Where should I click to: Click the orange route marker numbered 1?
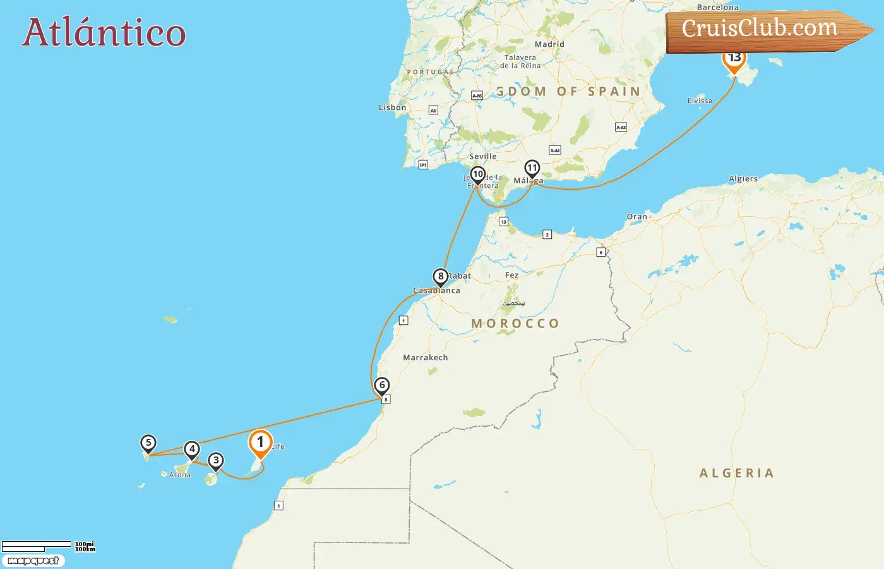[x=260, y=443]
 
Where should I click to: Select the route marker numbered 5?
[x=148, y=443]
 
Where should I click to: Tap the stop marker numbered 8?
[x=441, y=277]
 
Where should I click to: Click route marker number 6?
[x=381, y=385]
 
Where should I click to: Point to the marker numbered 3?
[x=216, y=461]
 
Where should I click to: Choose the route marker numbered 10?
[x=478, y=174]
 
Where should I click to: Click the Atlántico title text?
[x=104, y=33]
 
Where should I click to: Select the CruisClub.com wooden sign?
[x=764, y=30]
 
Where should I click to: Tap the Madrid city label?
[x=549, y=44]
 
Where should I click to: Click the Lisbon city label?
[x=392, y=107]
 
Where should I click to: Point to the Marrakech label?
[x=426, y=358]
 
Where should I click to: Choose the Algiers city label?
[x=743, y=179]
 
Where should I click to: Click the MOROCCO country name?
[x=515, y=324]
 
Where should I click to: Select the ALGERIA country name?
[x=736, y=474]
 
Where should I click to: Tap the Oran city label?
[x=636, y=217]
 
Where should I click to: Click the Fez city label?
[x=511, y=276]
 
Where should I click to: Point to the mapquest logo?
[x=33, y=561]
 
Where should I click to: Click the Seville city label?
[x=483, y=157]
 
